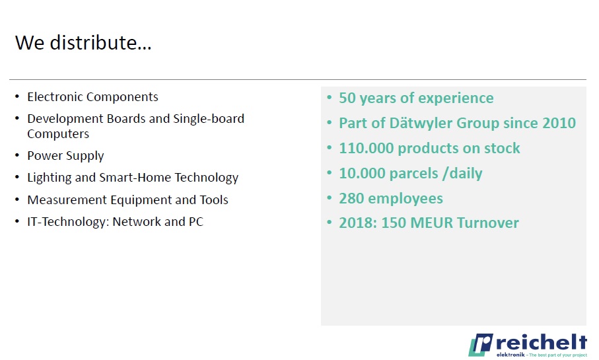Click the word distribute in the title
pyautogui.click(x=101, y=42)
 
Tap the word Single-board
pyautogui.click(x=209, y=118)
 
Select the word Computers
pyautogui.click(x=58, y=133)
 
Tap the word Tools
pyautogui.click(x=214, y=200)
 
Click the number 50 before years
pyautogui.click(x=347, y=98)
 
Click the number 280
pyautogui.click(x=351, y=198)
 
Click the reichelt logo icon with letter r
pyautogui.click(x=481, y=345)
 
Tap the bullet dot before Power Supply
pyautogui.click(x=17, y=155)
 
